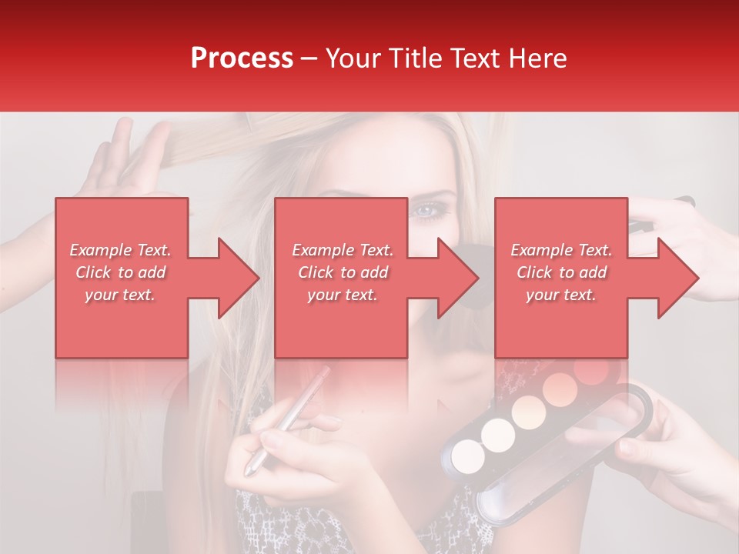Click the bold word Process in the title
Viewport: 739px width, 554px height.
[242, 58]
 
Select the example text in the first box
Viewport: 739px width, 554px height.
[120, 272]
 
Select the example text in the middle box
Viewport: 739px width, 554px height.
[343, 272]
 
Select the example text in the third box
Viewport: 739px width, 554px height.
[561, 272]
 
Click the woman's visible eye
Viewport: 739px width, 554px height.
[424, 209]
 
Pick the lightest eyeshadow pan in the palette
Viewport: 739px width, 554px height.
[468, 457]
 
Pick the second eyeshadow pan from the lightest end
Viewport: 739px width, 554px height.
[498, 436]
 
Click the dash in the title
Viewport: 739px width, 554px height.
[309, 58]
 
